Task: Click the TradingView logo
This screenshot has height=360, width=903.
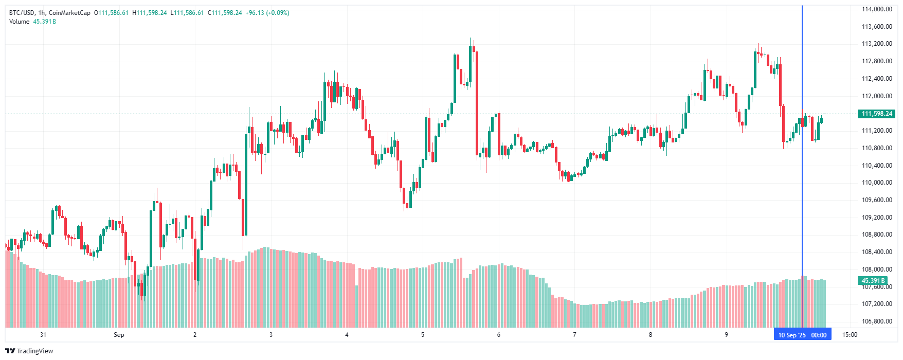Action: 29,351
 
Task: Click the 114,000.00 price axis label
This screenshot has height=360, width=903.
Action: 877,9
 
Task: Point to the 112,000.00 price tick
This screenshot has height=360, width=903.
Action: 877,96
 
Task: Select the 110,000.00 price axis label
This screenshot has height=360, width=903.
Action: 877,183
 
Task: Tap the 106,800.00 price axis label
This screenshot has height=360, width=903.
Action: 877,321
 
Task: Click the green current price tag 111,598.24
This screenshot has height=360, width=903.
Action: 877,114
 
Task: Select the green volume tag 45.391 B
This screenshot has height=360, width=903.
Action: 873,281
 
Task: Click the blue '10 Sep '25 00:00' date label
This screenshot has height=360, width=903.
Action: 802,335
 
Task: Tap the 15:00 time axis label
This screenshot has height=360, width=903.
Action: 850,335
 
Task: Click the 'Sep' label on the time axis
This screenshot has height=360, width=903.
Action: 119,335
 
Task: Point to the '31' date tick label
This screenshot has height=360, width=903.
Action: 43,335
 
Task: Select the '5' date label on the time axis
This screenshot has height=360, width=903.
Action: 423,335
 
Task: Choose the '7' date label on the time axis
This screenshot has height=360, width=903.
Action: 574,335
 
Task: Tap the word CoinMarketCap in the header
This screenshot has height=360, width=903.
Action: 69,13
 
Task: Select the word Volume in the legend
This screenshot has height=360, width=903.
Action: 20,22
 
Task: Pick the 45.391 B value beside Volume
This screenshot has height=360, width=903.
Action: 45,22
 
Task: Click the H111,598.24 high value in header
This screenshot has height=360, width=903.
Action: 150,13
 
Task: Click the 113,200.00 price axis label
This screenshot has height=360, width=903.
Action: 877,44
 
